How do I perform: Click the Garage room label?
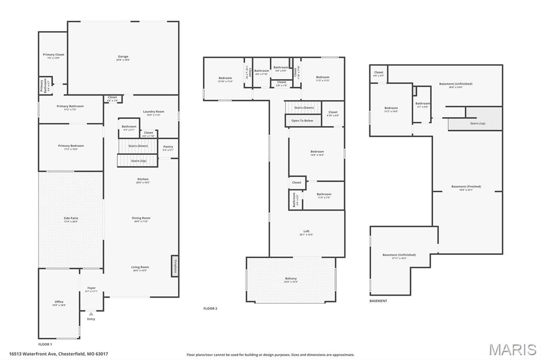(123, 56)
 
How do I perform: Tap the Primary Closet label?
(53, 54)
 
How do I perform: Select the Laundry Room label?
(153, 111)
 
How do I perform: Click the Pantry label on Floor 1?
(168, 147)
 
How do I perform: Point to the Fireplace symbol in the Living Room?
(174, 266)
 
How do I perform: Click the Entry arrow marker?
(91, 314)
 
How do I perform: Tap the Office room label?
(59, 302)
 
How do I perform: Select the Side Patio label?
(71, 218)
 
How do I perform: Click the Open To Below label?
(302, 121)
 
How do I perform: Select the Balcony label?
(291, 279)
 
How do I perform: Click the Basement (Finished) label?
(466, 186)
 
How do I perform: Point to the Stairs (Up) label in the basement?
(478, 124)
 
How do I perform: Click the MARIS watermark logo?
(512, 349)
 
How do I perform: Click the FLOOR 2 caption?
(210, 308)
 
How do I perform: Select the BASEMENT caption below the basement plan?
(378, 301)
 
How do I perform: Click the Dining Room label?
(141, 218)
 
